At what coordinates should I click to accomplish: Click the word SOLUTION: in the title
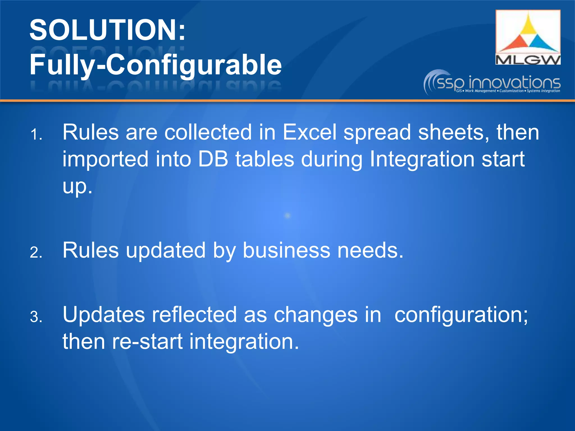(x=107, y=30)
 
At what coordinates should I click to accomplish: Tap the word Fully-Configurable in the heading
(x=155, y=65)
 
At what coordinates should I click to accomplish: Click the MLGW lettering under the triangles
(x=528, y=59)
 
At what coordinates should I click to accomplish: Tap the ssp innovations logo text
(x=498, y=82)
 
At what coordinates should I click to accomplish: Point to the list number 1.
(x=36, y=135)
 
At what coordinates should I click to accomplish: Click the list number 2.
(x=36, y=253)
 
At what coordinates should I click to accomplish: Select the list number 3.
(x=36, y=317)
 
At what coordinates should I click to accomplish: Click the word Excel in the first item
(x=309, y=132)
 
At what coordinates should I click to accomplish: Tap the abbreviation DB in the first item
(x=213, y=159)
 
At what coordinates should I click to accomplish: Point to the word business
(x=286, y=250)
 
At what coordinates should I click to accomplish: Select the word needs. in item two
(x=370, y=250)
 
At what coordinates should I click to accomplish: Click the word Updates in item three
(x=104, y=315)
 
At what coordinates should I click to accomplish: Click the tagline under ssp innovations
(x=508, y=91)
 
